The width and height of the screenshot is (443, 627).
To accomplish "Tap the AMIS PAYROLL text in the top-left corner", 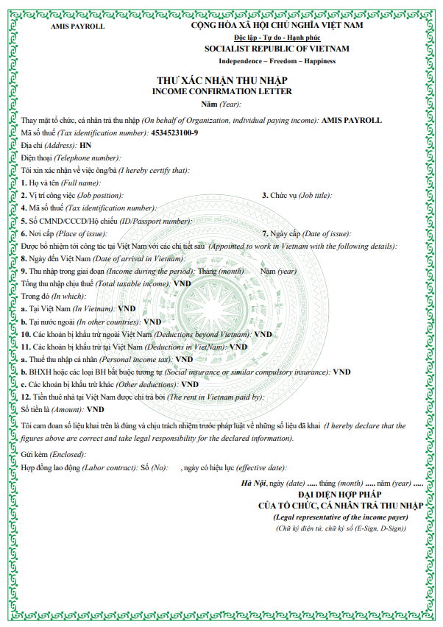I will tap(77, 26).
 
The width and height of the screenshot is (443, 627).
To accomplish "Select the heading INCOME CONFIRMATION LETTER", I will tap(221, 91).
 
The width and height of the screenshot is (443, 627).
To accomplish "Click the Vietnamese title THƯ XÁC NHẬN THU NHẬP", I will tap(221, 80).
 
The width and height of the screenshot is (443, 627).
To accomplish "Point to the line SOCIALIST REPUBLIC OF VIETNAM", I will tap(277, 49).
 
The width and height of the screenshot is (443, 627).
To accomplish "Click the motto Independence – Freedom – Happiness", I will tap(277, 60).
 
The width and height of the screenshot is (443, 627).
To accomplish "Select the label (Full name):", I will tap(82, 183).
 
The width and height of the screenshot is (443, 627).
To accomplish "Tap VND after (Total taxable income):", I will tap(182, 283).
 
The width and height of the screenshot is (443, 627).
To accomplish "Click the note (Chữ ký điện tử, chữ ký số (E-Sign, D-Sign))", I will tap(339, 530).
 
